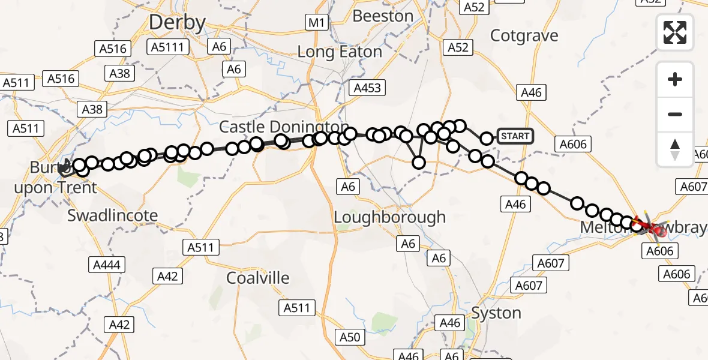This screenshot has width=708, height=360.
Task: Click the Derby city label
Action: [x=177, y=23]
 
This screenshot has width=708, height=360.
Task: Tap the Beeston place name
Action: [x=383, y=16]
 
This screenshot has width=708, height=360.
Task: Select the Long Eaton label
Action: [x=340, y=52]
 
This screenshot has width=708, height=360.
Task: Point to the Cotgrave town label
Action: [x=524, y=36]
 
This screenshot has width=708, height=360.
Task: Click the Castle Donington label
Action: [x=283, y=127]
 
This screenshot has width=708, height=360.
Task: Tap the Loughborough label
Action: [x=389, y=217]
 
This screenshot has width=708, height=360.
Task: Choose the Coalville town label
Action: [x=258, y=278]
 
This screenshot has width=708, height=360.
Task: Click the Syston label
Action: [x=496, y=313]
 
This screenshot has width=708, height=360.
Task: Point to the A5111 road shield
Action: [x=167, y=47]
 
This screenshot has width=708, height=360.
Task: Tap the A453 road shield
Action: [x=367, y=88]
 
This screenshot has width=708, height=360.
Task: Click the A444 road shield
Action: [x=106, y=265]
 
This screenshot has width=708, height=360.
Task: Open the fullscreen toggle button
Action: [x=675, y=32]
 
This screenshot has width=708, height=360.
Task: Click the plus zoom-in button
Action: [x=675, y=79]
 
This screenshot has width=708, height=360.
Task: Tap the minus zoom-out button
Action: [x=675, y=114]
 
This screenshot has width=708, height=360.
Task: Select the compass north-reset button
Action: [x=675, y=149]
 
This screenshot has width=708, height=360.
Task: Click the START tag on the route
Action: [x=515, y=136]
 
